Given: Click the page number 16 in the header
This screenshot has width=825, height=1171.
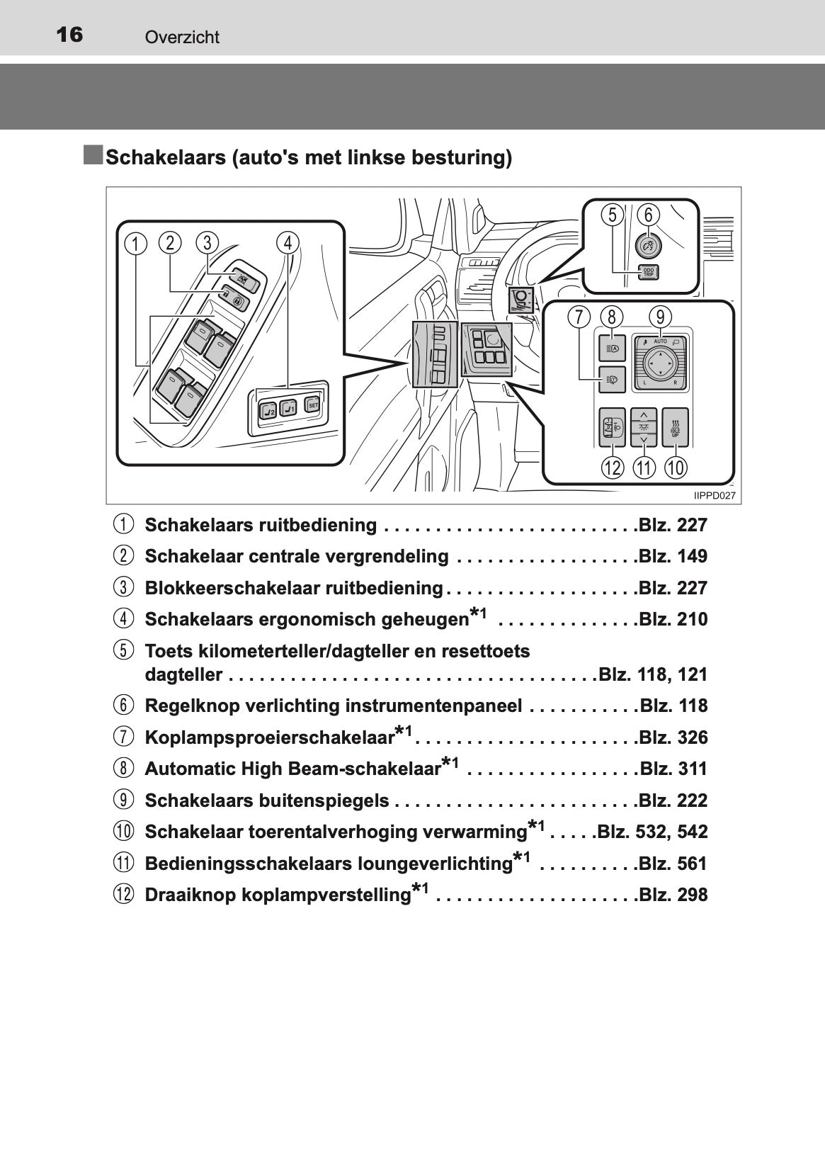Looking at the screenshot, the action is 69,35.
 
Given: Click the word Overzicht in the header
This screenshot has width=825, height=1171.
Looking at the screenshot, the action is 182,37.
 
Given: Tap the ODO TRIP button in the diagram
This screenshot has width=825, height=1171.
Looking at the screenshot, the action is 649,272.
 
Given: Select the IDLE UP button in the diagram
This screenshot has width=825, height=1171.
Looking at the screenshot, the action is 675,428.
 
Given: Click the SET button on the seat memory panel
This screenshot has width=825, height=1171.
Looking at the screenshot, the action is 312,404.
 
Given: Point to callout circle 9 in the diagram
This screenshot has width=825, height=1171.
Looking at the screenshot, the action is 661,317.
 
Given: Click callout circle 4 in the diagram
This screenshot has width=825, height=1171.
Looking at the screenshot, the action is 288,243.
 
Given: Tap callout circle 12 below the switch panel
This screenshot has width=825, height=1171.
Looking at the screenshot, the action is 613,468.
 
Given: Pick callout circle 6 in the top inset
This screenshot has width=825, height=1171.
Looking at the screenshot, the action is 649,215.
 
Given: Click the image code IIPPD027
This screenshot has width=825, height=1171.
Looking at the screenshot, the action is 715,496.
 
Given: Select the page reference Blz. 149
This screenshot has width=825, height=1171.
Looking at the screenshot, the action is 673,556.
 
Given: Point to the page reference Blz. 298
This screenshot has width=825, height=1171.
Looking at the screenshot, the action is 673,895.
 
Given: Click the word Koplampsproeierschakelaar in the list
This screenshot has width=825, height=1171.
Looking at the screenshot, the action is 269,737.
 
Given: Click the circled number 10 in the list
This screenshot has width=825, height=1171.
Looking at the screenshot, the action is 123,832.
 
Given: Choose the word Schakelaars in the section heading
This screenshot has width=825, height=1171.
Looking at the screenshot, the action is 166,157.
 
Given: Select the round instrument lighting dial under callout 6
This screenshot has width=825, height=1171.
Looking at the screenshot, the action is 649,244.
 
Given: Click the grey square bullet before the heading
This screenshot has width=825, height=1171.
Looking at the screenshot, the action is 93,155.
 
